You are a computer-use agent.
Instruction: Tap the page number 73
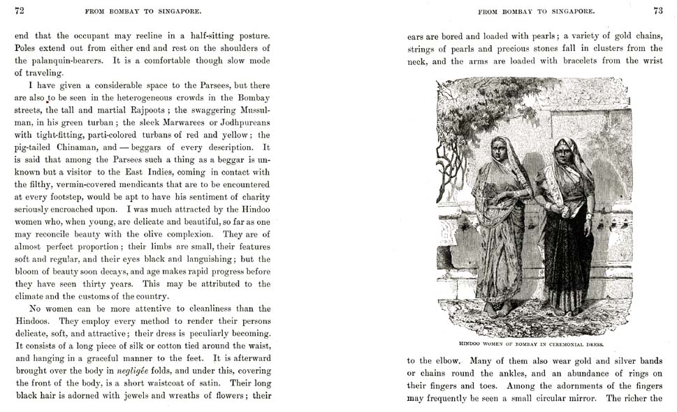click(x=657, y=10)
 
